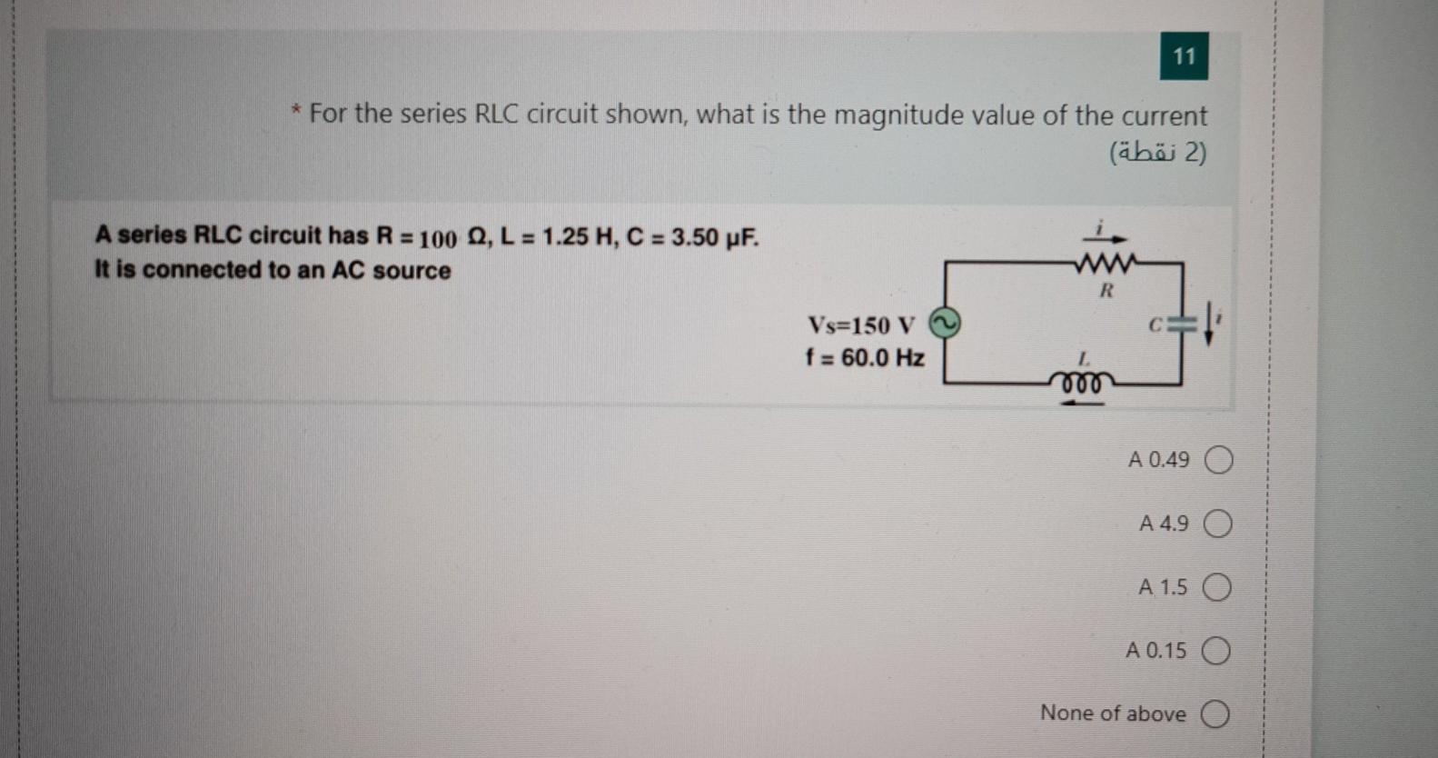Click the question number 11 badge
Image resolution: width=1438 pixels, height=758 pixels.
(1184, 56)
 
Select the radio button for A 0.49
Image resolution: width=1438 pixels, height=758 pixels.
(1218, 461)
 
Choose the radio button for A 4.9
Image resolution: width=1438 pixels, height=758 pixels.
(1217, 524)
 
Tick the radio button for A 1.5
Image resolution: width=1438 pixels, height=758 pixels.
(1216, 588)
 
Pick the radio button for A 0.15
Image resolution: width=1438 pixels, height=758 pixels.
(1215, 652)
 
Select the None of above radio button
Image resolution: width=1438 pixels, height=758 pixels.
(1215, 714)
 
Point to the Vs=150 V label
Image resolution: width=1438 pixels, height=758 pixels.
(861, 324)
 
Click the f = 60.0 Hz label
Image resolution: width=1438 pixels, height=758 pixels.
(864, 358)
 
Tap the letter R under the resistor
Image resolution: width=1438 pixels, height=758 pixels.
(1106, 291)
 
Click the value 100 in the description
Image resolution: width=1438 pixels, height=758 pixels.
(438, 239)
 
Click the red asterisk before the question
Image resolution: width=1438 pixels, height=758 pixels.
(296, 113)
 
